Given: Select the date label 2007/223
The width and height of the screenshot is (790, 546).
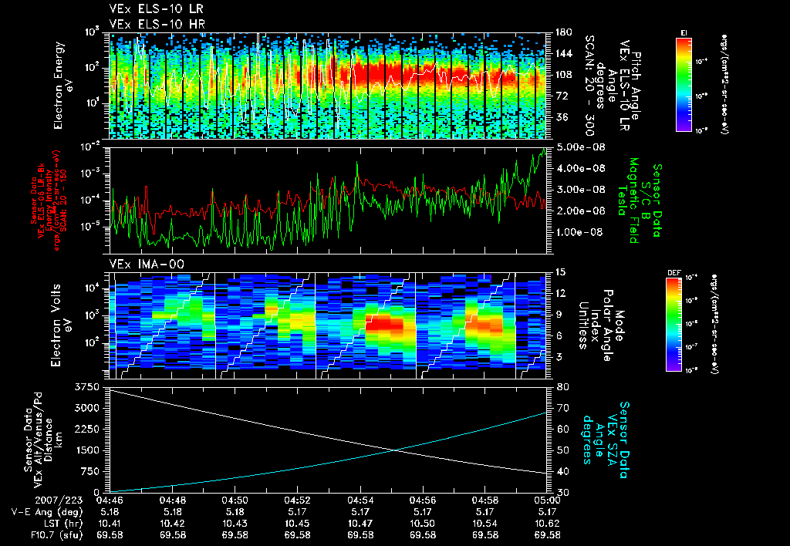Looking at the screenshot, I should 116,500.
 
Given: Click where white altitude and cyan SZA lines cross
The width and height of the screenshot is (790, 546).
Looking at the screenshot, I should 396,450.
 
